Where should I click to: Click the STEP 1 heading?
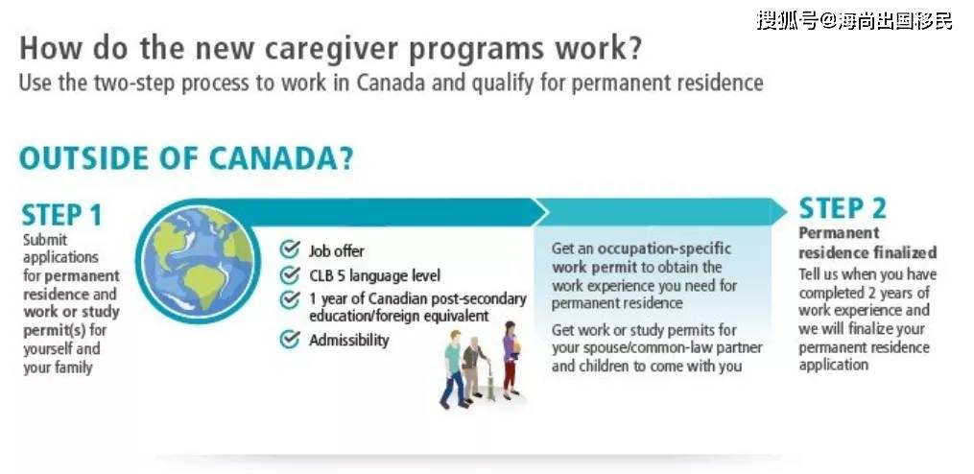pyautogui.click(x=61, y=216)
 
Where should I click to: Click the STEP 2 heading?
pyautogui.click(x=843, y=209)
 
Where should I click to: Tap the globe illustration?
pyautogui.click(x=198, y=261)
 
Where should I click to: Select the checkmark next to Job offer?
pyautogui.click(x=290, y=249)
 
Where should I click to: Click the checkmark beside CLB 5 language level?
pyautogui.click(x=290, y=274)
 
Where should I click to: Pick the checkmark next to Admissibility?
pyautogui.click(x=290, y=340)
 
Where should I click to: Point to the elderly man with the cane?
pyautogui.click(x=476, y=369)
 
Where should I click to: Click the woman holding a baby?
pyautogui.click(x=511, y=359)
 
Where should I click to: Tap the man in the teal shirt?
pyautogui.click(x=454, y=369)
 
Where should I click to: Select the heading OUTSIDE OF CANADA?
pyautogui.click(x=186, y=158)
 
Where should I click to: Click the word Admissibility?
pyautogui.click(x=349, y=340)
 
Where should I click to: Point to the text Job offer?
pyautogui.click(x=337, y=251)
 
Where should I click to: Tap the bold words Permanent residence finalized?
pyautogui.click(x=867, y=243)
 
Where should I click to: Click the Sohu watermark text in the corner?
pyautogui.click(x=854, y=20)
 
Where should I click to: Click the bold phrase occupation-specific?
pyautogui.click(x=665, y=249)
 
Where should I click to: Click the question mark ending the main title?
pyautogui.click(x=632, y=48)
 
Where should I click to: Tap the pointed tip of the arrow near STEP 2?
pyautogui.click(x=787, y=212)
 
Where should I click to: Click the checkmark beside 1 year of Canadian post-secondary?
pyautogui.click(x=290, y=299)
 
